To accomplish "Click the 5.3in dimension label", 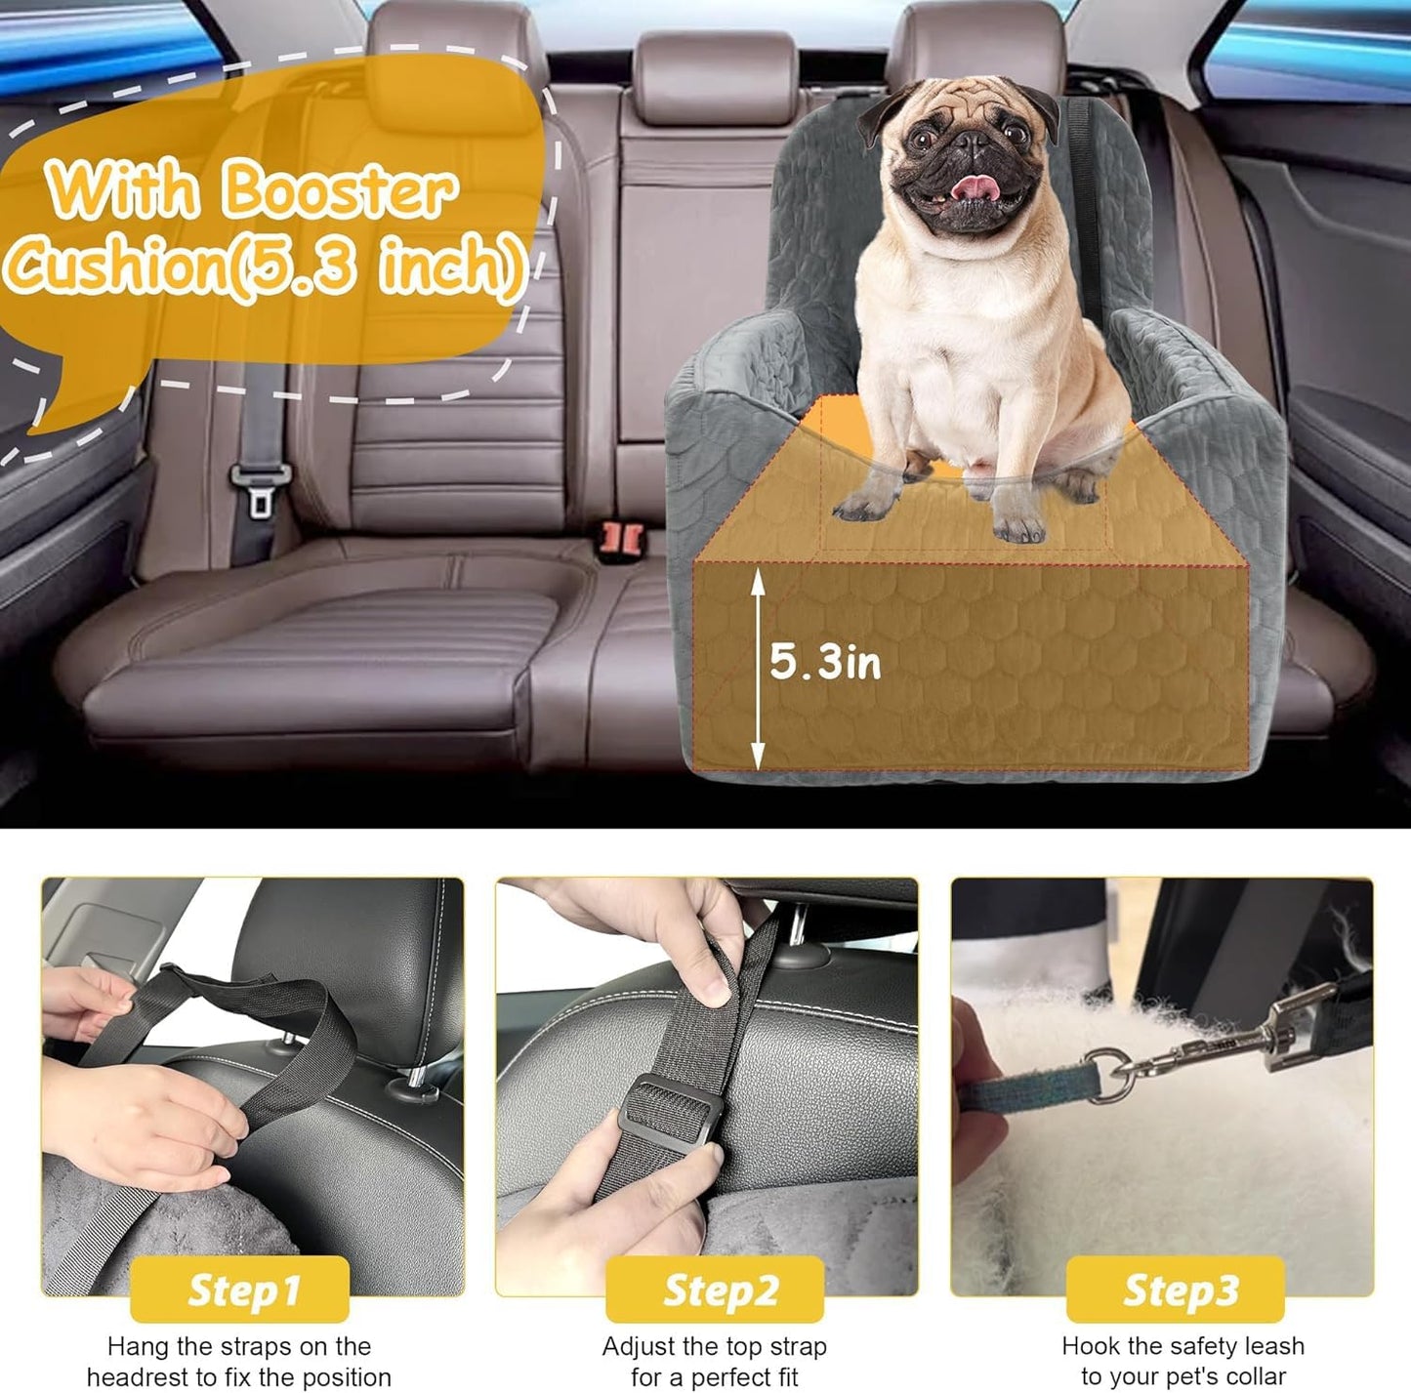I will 825,662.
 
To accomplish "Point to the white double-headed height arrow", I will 758,668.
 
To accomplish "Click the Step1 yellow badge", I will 240,1290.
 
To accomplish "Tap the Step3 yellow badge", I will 1177,1290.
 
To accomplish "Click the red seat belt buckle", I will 622,536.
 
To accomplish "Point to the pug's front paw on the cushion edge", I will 1017,525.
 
